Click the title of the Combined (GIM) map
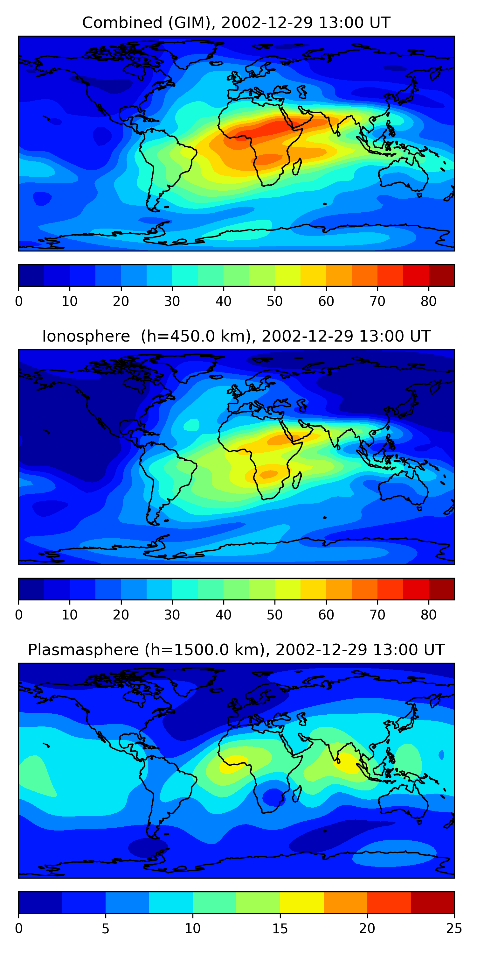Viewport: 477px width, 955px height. click(x=236, y=23)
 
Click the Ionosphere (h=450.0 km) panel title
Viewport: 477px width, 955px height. click(x=236, y=336)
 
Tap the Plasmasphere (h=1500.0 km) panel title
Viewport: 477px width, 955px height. click(x=236, y=650)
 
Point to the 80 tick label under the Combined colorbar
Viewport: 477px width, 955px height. click(x=428, y=301)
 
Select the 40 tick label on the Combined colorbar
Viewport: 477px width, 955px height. click(x=223, y=301)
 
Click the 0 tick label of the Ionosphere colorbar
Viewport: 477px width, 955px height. click(x=19, y=615)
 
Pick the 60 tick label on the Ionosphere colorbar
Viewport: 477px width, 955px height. click(x=326, y=615)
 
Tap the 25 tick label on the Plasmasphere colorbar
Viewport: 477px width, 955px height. click(x=454, y=929)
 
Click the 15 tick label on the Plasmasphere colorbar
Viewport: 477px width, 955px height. click(x=280, y=929)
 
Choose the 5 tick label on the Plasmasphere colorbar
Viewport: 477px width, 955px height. click(x=106, y=929)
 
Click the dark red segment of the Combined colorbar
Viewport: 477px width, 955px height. click(x=441, y=275)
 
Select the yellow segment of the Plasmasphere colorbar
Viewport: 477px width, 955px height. click(x=302, y=902)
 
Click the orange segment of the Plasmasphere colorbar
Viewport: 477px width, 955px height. click(x=345, y=902)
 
